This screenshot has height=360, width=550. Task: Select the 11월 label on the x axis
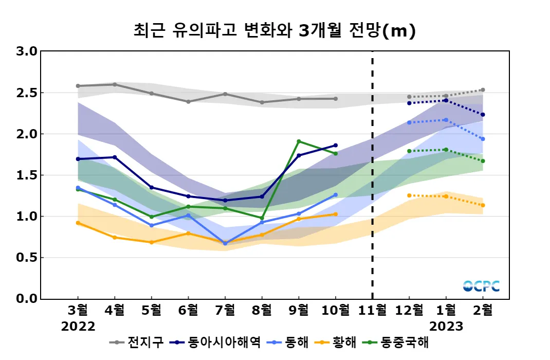pos(372,310)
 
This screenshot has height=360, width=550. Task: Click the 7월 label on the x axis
pos(225,310)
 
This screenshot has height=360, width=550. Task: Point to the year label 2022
pos(78,327)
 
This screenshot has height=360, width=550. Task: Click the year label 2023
pos(446,327)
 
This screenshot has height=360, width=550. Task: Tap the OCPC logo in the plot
pos(481,286)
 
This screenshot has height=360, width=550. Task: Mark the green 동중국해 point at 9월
pos(299,141)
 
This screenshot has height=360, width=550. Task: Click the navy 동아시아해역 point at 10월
pos(336,145)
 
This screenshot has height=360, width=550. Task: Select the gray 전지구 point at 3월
pos(78,86)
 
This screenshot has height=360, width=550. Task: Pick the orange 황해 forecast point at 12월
pos(409,195)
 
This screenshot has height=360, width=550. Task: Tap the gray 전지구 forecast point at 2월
pos(483,90)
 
